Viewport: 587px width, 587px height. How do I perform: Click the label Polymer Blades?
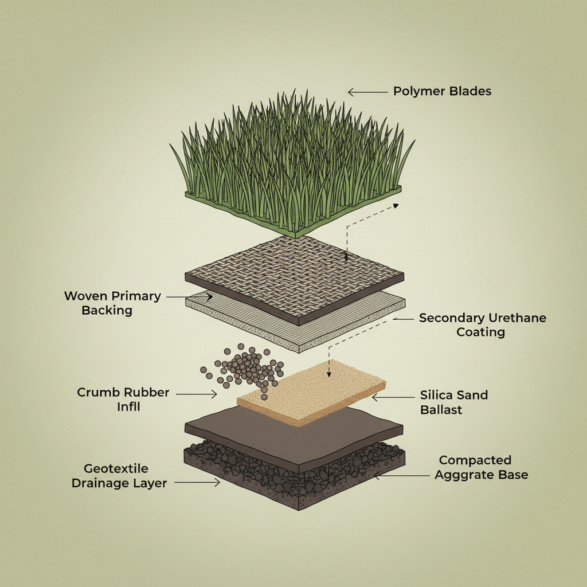(442, 91)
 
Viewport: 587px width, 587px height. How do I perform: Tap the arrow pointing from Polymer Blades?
(367, 92)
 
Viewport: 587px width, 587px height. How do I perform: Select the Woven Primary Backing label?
(112, 303)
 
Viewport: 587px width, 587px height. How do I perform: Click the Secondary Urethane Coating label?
(482, 325)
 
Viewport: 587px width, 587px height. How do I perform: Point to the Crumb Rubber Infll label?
(123, 400)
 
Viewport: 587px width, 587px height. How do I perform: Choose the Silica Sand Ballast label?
(453, 402)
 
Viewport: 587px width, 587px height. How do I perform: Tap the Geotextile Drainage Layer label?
(119, 476)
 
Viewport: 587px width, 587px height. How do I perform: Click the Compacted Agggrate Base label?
(481, 467)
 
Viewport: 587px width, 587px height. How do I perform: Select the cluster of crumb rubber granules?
(246, 367)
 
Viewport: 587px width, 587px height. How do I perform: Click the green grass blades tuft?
(292, 161)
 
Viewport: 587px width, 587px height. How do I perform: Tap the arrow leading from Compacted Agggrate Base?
(401, 475)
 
